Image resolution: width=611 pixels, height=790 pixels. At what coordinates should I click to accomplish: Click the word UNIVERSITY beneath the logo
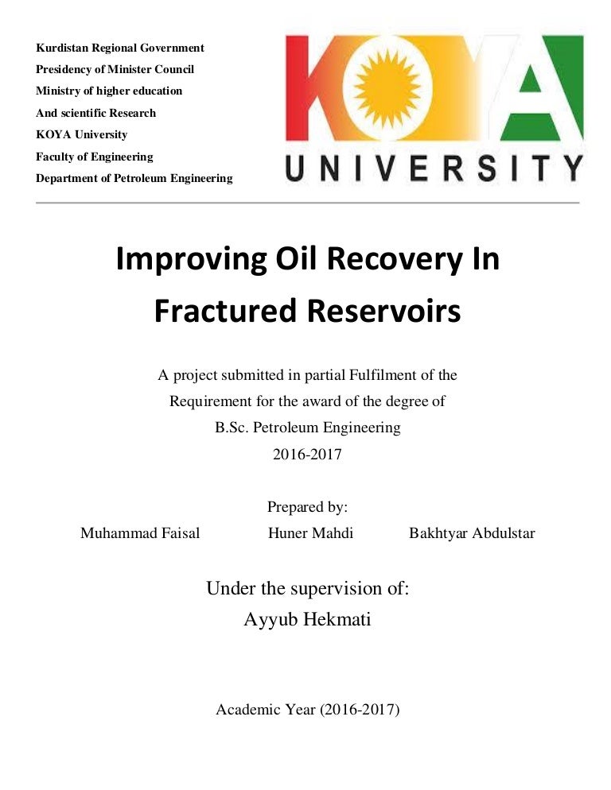tap(434, 168)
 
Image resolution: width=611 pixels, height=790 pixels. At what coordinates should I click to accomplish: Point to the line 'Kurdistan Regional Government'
tap(120, 48)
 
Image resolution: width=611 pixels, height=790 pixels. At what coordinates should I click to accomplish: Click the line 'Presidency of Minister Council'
tap(115, 69)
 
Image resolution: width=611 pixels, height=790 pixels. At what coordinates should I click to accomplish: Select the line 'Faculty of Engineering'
tap(95, 157)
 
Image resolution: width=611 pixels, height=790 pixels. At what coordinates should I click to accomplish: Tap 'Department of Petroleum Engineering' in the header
tap(134, 178)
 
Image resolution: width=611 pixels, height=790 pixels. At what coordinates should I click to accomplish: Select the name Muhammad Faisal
tap(140, 533)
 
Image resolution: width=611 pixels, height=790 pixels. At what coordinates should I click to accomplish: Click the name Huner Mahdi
tap(310, 533)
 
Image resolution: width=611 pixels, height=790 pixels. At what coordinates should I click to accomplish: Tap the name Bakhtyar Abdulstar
tap(472, 533)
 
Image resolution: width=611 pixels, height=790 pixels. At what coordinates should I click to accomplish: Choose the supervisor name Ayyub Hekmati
tap(307, 619)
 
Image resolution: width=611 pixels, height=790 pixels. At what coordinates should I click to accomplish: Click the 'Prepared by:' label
tap(307, 507)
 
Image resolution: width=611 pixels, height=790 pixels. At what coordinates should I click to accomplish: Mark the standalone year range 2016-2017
tap(307, 455)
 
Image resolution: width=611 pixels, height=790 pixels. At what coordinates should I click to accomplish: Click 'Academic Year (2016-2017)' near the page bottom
tap(307, 710)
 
